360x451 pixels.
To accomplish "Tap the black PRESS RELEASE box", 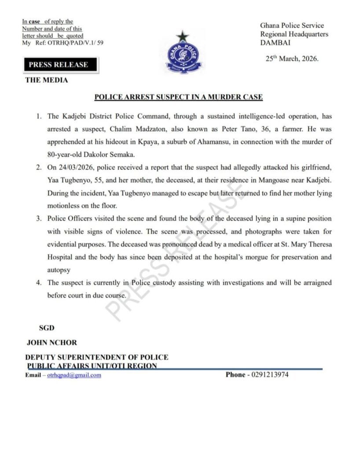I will [x=59, y=65].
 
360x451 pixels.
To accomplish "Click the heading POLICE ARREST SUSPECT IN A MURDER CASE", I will [x=179, y=97].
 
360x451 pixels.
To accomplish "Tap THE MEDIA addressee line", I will [x=47, y=81].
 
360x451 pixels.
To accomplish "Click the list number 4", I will [x=40, y=283].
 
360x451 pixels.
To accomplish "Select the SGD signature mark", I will [x=48, y=328].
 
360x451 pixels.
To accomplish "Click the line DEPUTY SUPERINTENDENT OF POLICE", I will [x=97, y=358].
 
